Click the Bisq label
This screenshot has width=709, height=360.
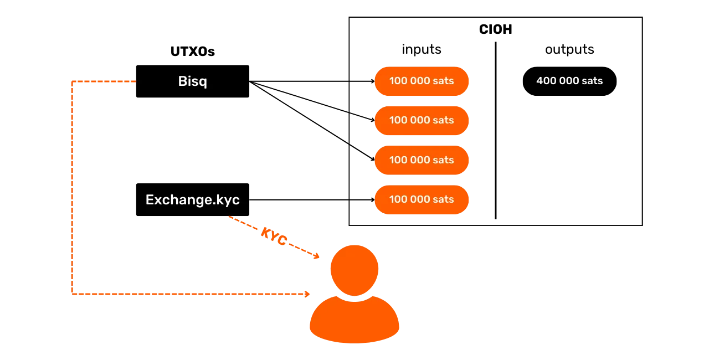192,81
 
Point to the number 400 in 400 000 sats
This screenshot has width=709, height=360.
545,81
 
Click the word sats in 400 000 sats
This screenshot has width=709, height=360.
592,81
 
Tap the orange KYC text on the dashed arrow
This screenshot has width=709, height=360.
274,235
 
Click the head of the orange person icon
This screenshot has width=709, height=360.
354,269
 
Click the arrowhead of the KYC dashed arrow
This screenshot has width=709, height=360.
317,256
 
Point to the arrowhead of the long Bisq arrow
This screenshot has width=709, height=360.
306,294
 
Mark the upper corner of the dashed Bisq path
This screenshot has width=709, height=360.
73,82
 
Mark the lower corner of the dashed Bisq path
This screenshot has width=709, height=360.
73,294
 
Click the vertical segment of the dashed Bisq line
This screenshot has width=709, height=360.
73,188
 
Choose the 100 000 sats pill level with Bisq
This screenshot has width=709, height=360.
422,81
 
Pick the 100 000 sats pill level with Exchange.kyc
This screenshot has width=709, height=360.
422,199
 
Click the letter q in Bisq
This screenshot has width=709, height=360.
203,83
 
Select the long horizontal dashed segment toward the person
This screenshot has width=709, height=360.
188,294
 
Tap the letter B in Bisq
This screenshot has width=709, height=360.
182,81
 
